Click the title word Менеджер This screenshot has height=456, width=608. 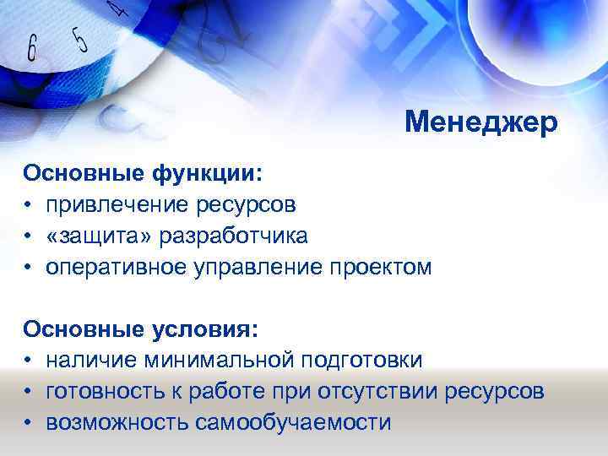click(481, 123)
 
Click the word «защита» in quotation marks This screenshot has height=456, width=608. click(94, 236)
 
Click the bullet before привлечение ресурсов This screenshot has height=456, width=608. click(28, 206)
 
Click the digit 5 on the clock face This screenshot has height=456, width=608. click(80, 37)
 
